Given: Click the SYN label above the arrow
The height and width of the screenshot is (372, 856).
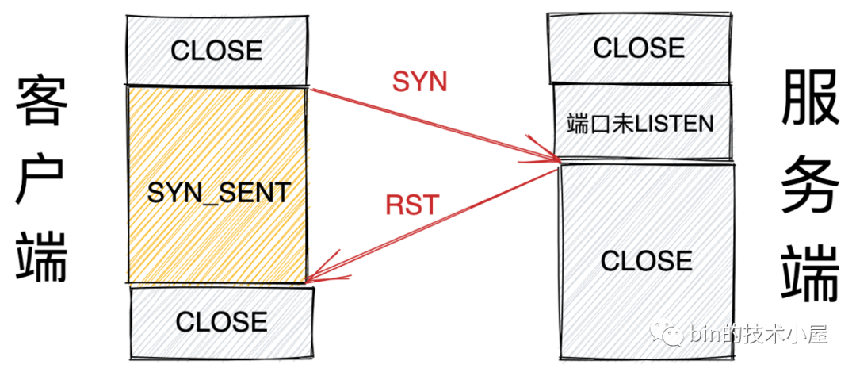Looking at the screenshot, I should pyautogui.click(x=420, y=82).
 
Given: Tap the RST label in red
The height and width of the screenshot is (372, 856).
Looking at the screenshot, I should pyautogui.click(x=411, y=205).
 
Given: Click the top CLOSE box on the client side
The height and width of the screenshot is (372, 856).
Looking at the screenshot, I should pyautogui.click(x=216, y=50).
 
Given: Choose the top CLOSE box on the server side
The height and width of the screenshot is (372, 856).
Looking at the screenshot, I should pyautogui.click(x=639, y=48).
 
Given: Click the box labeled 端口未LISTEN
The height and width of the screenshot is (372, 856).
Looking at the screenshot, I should pyautogui.click(x=640, y=124).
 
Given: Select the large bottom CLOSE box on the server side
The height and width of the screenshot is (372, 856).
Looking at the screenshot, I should pyautogui.click(x=646, y=262).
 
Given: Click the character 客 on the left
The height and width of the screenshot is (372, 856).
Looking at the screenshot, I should pyautogui.click(x=40, y=102).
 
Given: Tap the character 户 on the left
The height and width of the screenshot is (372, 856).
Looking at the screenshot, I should pyautogui.click(x=40, y=180).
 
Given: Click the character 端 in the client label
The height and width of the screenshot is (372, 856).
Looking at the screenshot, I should pyautogui.click(x=40, y=258).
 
